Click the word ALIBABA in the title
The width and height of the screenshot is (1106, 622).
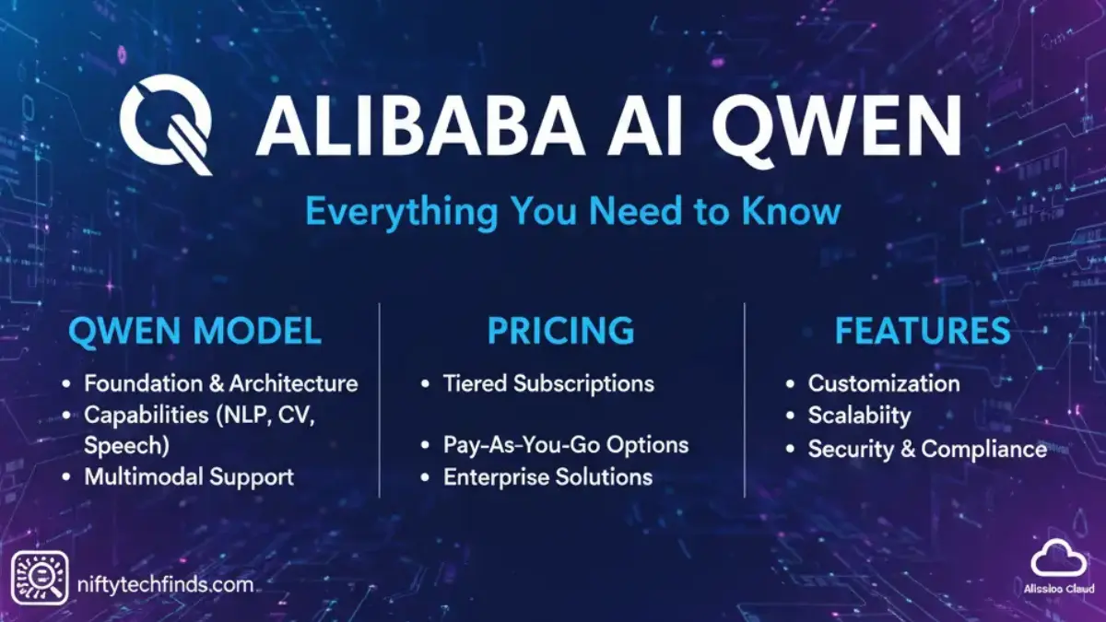click(419, 125)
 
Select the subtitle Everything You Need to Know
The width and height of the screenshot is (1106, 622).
click(572, 211)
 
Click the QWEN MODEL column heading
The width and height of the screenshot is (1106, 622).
click(195, 331)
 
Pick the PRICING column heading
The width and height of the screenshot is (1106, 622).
click(561, 331)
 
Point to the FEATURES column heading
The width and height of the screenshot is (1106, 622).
click(923, 331)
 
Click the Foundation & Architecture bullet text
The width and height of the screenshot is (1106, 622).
click(220, 383)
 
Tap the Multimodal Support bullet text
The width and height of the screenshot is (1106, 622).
click(189, 477)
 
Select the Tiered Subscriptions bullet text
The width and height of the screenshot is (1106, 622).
click(548, 384)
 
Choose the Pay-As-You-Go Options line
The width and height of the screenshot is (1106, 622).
click(566, 445)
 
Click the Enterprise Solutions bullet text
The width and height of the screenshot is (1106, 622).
click(548, 477)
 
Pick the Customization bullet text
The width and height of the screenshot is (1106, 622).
click(884, 383)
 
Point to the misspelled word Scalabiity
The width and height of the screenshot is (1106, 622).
click(859, 416)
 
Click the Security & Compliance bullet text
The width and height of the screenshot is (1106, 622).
click(927, 450)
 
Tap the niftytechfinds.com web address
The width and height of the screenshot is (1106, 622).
click(165, 585)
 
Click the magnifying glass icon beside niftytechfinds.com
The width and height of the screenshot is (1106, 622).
click(40, 578)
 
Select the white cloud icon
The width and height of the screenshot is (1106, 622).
click(1059, 558)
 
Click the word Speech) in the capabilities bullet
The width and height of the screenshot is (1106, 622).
click(126, 446)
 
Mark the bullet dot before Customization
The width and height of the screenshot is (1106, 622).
click(790, 384)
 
